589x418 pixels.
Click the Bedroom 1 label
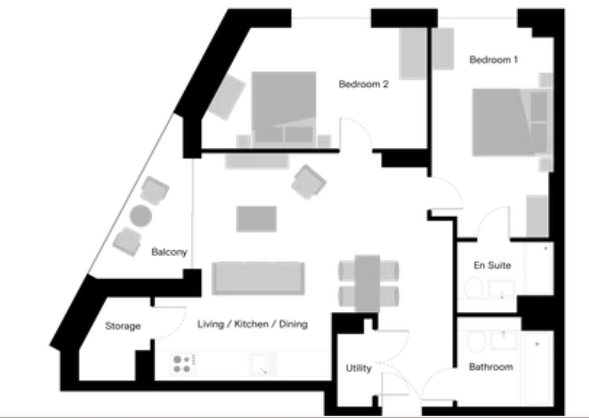click(x=494, y=60)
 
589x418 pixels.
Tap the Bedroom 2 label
click(x=364, y=84)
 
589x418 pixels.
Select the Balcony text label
click(x=169, y=252)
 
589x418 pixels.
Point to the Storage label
click(x=123, y=326)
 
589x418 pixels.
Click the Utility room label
click(x=359, y=368)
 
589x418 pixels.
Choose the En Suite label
click(x=492, y=265)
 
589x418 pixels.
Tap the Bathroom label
click(x=491, y=367)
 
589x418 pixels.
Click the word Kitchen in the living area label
click(x=251, y=324)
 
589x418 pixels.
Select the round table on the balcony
click(x=141, y=216)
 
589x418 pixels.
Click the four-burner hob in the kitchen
click(x=183, y=364)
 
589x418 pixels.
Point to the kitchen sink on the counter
click(x=263, y=364)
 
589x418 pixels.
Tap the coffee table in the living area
click(x=256, y=219)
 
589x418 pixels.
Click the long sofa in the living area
click(x=258, y=278)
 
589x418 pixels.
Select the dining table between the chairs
click(x=367, y=283)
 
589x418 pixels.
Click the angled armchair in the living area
click(x=309, y=182)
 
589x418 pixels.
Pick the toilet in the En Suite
click(x=474, y=288)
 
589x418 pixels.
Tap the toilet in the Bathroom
click(x=476, y=341)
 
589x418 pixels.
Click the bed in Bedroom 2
click(x=284, y=109)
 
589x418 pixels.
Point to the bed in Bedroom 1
click(x=510, y=123)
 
